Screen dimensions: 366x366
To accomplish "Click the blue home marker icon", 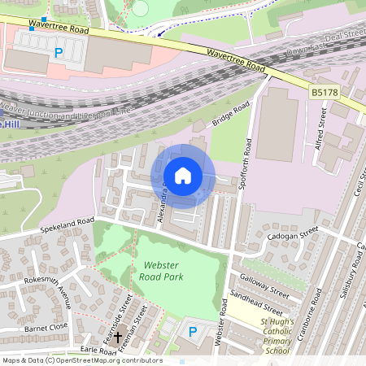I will click(x=183, y=176).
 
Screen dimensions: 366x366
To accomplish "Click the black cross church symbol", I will click(x=117, y=336).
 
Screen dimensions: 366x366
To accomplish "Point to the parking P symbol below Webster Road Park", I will click(x=193, y=331).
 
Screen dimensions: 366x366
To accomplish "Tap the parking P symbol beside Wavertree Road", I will click(x=58, y=53).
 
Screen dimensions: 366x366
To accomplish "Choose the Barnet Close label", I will click(x=46, y=328).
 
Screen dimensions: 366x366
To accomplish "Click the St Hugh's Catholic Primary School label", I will click(x=274, y=336).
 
